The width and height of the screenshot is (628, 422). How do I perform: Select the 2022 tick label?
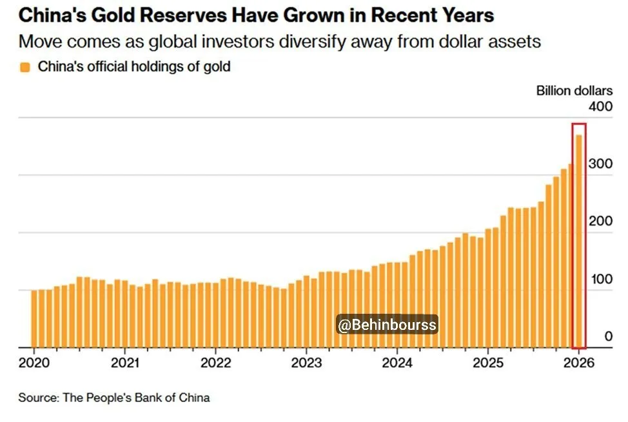215,363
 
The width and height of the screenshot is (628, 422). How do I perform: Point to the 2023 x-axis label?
306,363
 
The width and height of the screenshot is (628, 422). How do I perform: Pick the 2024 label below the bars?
397,363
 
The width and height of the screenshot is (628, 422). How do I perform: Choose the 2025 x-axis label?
488,363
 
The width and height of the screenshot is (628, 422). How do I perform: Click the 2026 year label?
578,363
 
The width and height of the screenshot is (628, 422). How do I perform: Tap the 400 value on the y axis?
600,106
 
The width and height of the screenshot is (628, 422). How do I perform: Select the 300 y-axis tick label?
600,164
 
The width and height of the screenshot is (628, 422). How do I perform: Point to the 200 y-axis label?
600,221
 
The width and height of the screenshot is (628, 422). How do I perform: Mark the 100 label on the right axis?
600,279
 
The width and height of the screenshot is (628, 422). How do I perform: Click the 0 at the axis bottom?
608,336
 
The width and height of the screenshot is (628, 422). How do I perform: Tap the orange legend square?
25,67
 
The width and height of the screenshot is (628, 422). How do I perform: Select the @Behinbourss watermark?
388,325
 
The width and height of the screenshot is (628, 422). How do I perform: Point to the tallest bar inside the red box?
579,238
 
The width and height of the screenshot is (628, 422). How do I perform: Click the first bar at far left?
34,319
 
